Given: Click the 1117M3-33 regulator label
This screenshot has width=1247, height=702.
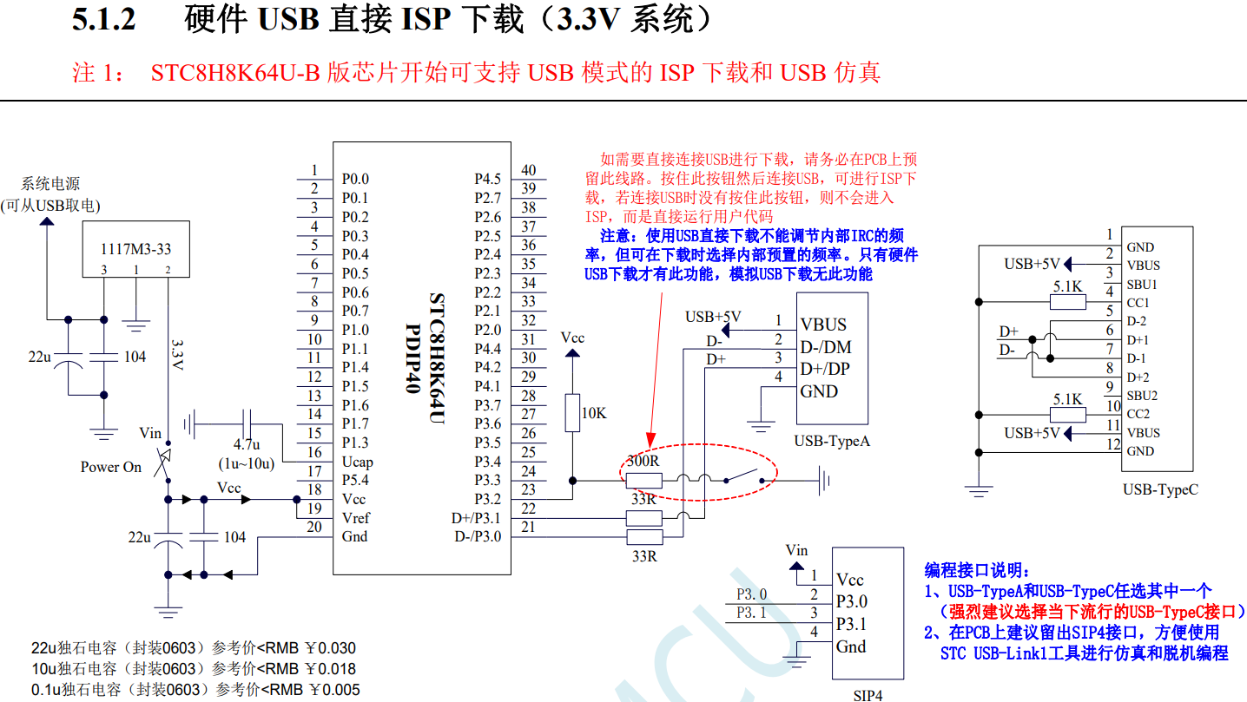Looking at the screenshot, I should pyautogui.click(x=135, y=249).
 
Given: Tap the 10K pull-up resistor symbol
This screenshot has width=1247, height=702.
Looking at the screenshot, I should pyautogui.click(x=571, y=412).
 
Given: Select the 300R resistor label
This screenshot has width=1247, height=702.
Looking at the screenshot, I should pyautogui.click(x=643, y=462).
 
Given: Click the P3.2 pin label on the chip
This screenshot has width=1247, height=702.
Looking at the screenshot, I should pyautogui.click(x=487, y=499).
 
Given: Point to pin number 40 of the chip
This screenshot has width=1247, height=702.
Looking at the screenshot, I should pyautogui.click(x=528, y=171).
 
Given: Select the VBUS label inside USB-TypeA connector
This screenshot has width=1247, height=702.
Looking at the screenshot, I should pyautogui.click(x=823, y=325).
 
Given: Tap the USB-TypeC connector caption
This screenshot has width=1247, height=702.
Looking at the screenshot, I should pyautogui.click(x=1160, y=489).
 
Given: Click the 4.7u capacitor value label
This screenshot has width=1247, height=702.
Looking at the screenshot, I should pyautogui.click(x=247, y=445).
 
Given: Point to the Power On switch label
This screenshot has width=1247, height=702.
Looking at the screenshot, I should pyautogui.click(x=111, y=467).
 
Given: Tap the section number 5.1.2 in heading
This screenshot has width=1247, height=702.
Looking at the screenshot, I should pyautogui.click(x=103, y=20).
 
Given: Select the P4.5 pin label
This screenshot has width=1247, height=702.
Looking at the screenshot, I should pyautogui.click(x=487, y=179).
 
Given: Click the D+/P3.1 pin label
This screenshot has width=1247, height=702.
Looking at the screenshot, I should pyautogui.click(x=476, y=518).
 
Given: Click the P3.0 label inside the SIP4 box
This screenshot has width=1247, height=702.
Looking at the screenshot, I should pyautogui.click(x=852, y=601).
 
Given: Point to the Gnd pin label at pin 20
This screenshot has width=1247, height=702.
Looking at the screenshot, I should pyautogui.click(x=354, y=536).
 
